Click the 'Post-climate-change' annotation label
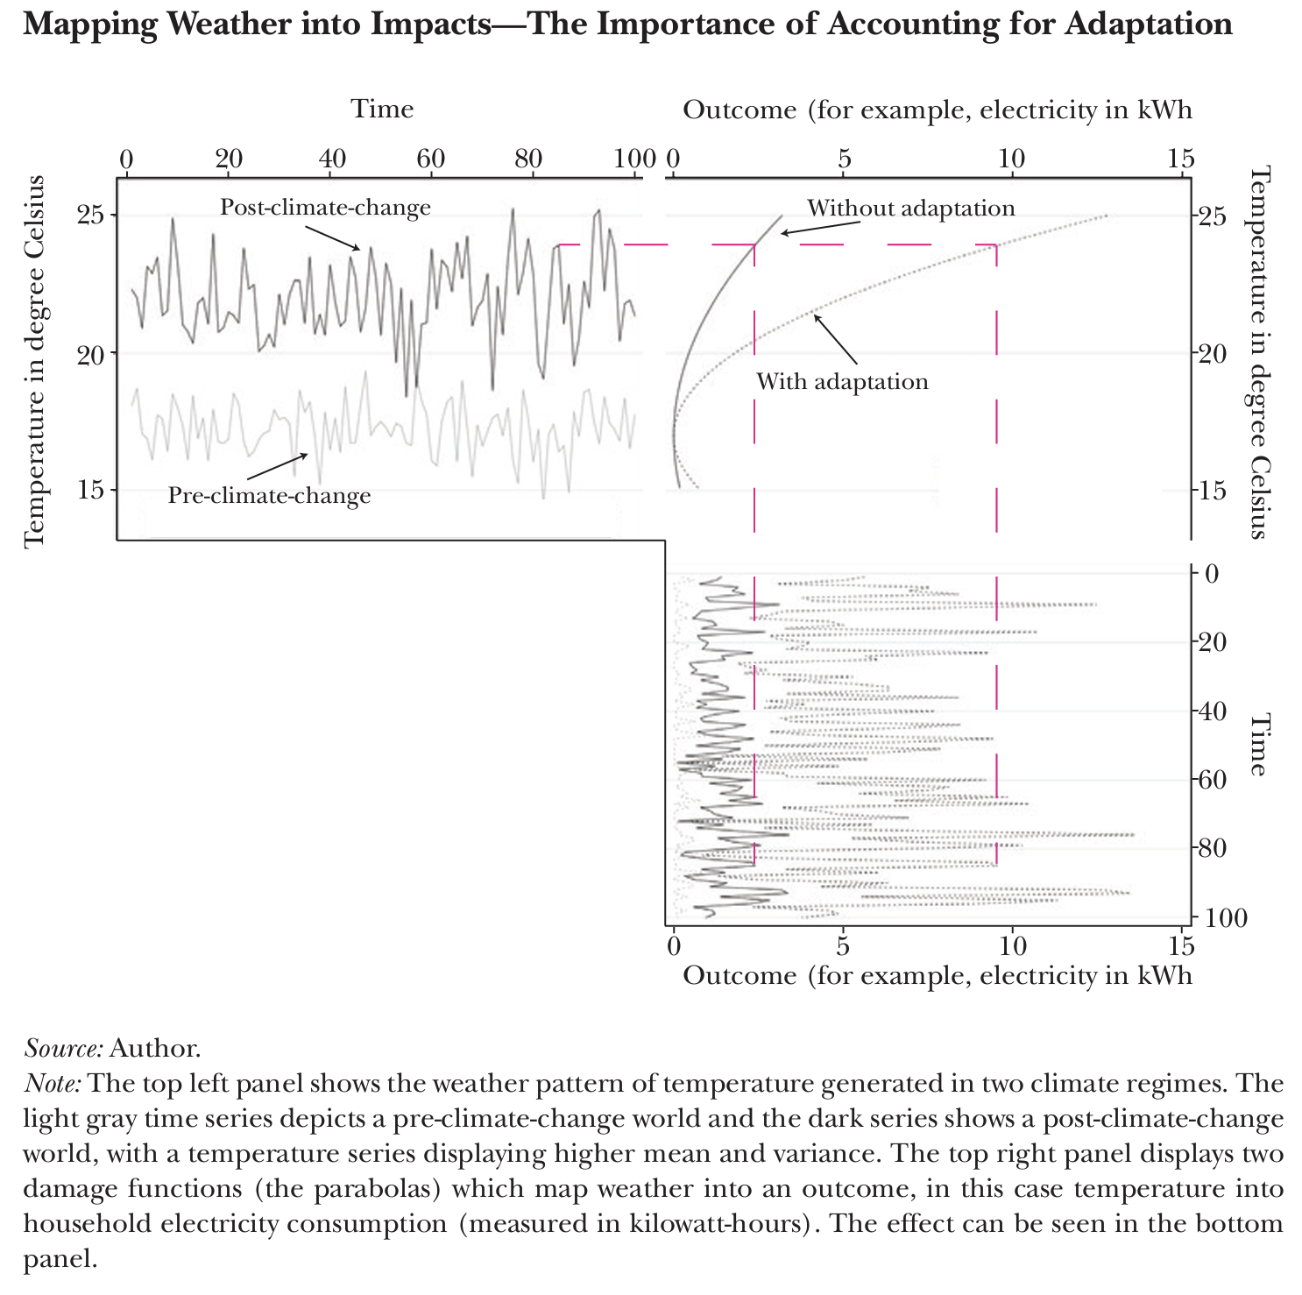click(x=325, y=208)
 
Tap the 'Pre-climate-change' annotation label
click(x=269, y=496)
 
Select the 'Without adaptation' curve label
click(x=910, y=209)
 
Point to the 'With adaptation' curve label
click(x=842, y=382)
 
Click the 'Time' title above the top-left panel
click(x=382, y=110)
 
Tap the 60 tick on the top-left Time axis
click(x=430, y=159)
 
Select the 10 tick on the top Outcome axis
click(x=1012, y=159)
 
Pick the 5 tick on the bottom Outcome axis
click(x=843, y=946)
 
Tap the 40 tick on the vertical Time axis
click(x=1220, y=711)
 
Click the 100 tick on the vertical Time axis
click(x=1225, y=918)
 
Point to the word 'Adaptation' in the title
click(x=1149, y=24)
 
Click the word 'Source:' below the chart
click(x=64, y=1048)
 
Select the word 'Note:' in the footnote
click(x=53, y=1084)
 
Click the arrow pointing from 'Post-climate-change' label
click(x=332, y=236)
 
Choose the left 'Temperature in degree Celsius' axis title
click(x=34, y=361)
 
